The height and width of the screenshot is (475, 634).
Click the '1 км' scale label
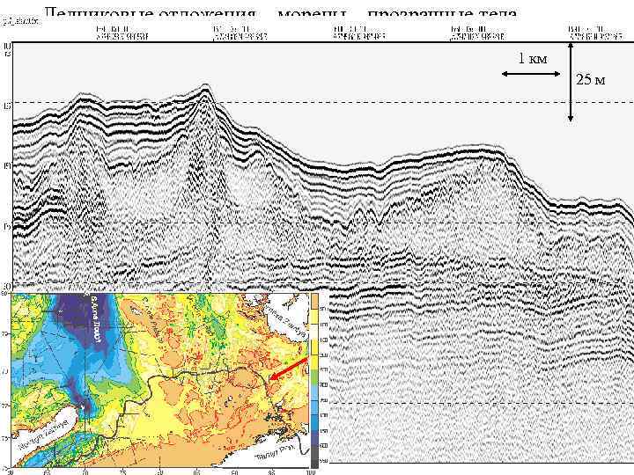point(533,59)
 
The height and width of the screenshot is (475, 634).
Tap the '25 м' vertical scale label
point(589,81)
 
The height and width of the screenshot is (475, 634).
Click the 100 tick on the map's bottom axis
point(309,471)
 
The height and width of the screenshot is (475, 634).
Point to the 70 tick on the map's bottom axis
point(85,471)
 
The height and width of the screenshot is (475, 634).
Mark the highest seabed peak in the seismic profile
point(205,87)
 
